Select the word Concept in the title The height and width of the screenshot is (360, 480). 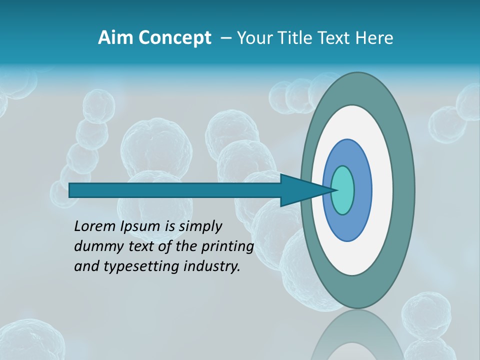tap(175, 38)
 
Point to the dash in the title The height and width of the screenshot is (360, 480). tap(225, 38)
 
